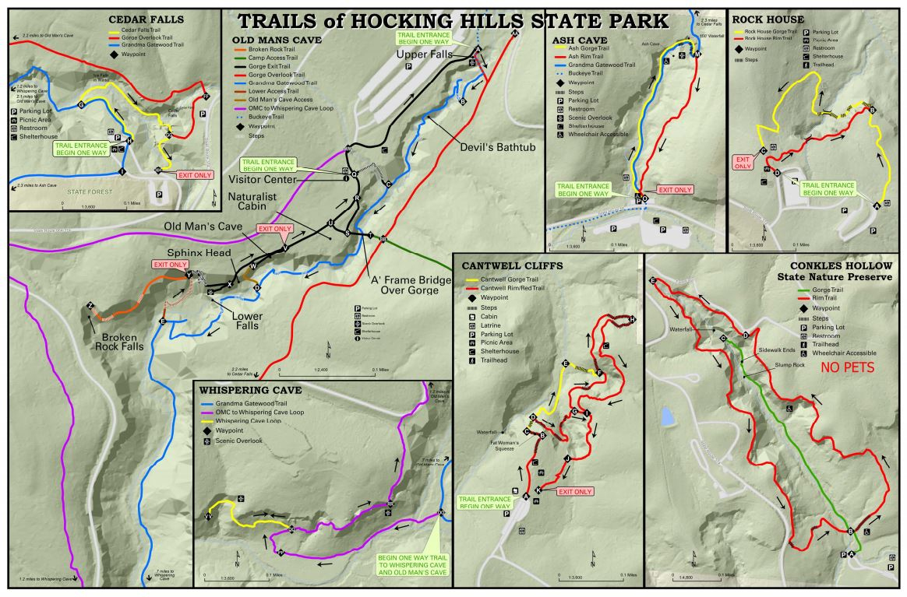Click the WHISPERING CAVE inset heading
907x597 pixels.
[x=250, y=389]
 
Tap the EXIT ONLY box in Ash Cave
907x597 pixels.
[x=675, y=189]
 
